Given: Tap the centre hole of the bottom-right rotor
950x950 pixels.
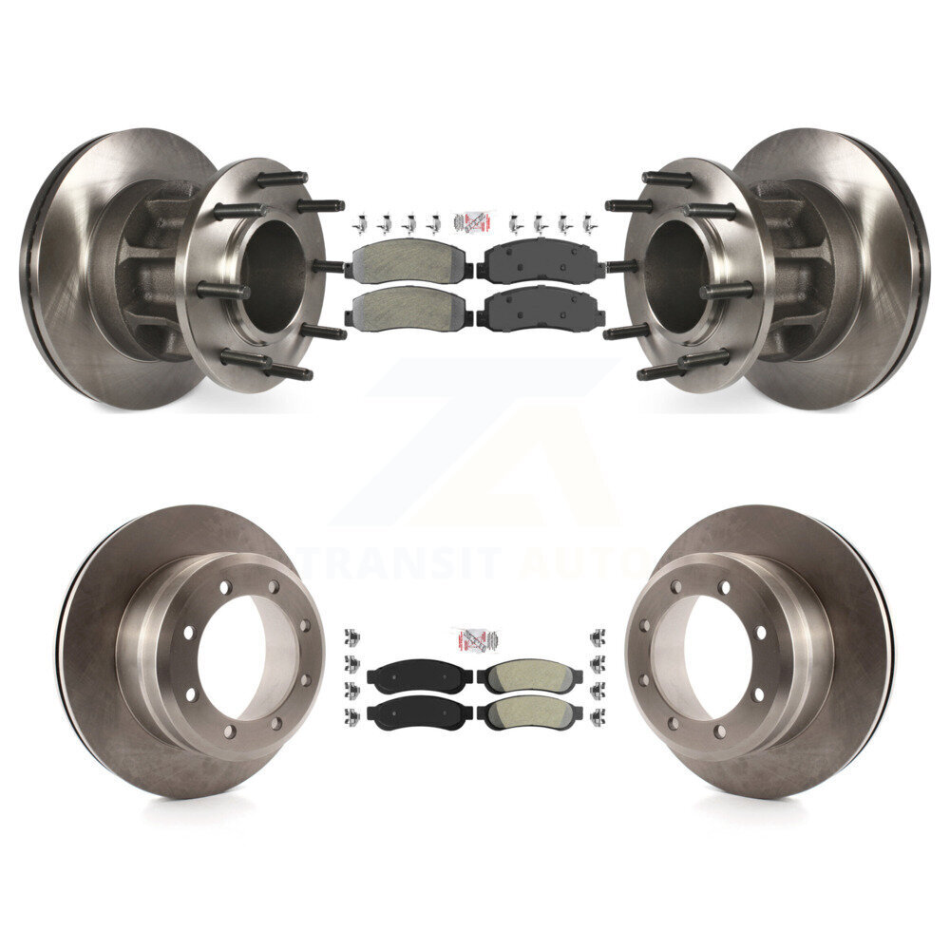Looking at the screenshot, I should tap(717, 655).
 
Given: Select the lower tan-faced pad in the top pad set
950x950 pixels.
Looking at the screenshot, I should tap(410, 306).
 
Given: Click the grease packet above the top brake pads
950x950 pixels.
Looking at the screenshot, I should tap(472, 221).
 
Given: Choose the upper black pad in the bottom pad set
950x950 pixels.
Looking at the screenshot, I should tap(419, 675).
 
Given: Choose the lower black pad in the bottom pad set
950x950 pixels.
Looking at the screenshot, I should tap(419, 712).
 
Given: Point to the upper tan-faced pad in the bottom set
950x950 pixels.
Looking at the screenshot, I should tap(526, 675).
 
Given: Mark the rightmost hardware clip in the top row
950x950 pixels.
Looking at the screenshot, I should tap(587, 223).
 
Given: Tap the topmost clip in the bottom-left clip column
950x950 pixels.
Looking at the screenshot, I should tap(351, 636).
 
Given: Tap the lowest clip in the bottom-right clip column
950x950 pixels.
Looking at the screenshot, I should tap(598, 713).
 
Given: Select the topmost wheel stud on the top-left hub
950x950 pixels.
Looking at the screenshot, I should tap(281, 178).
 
